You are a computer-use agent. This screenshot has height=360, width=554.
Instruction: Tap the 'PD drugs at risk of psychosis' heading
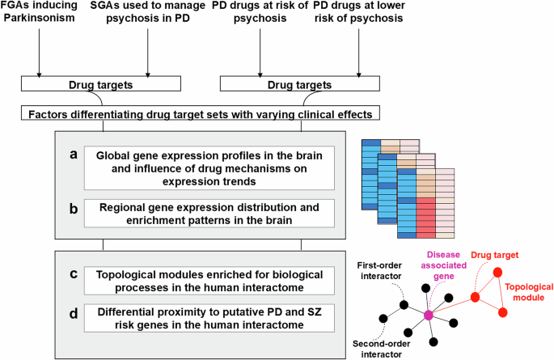tap(260, 13)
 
